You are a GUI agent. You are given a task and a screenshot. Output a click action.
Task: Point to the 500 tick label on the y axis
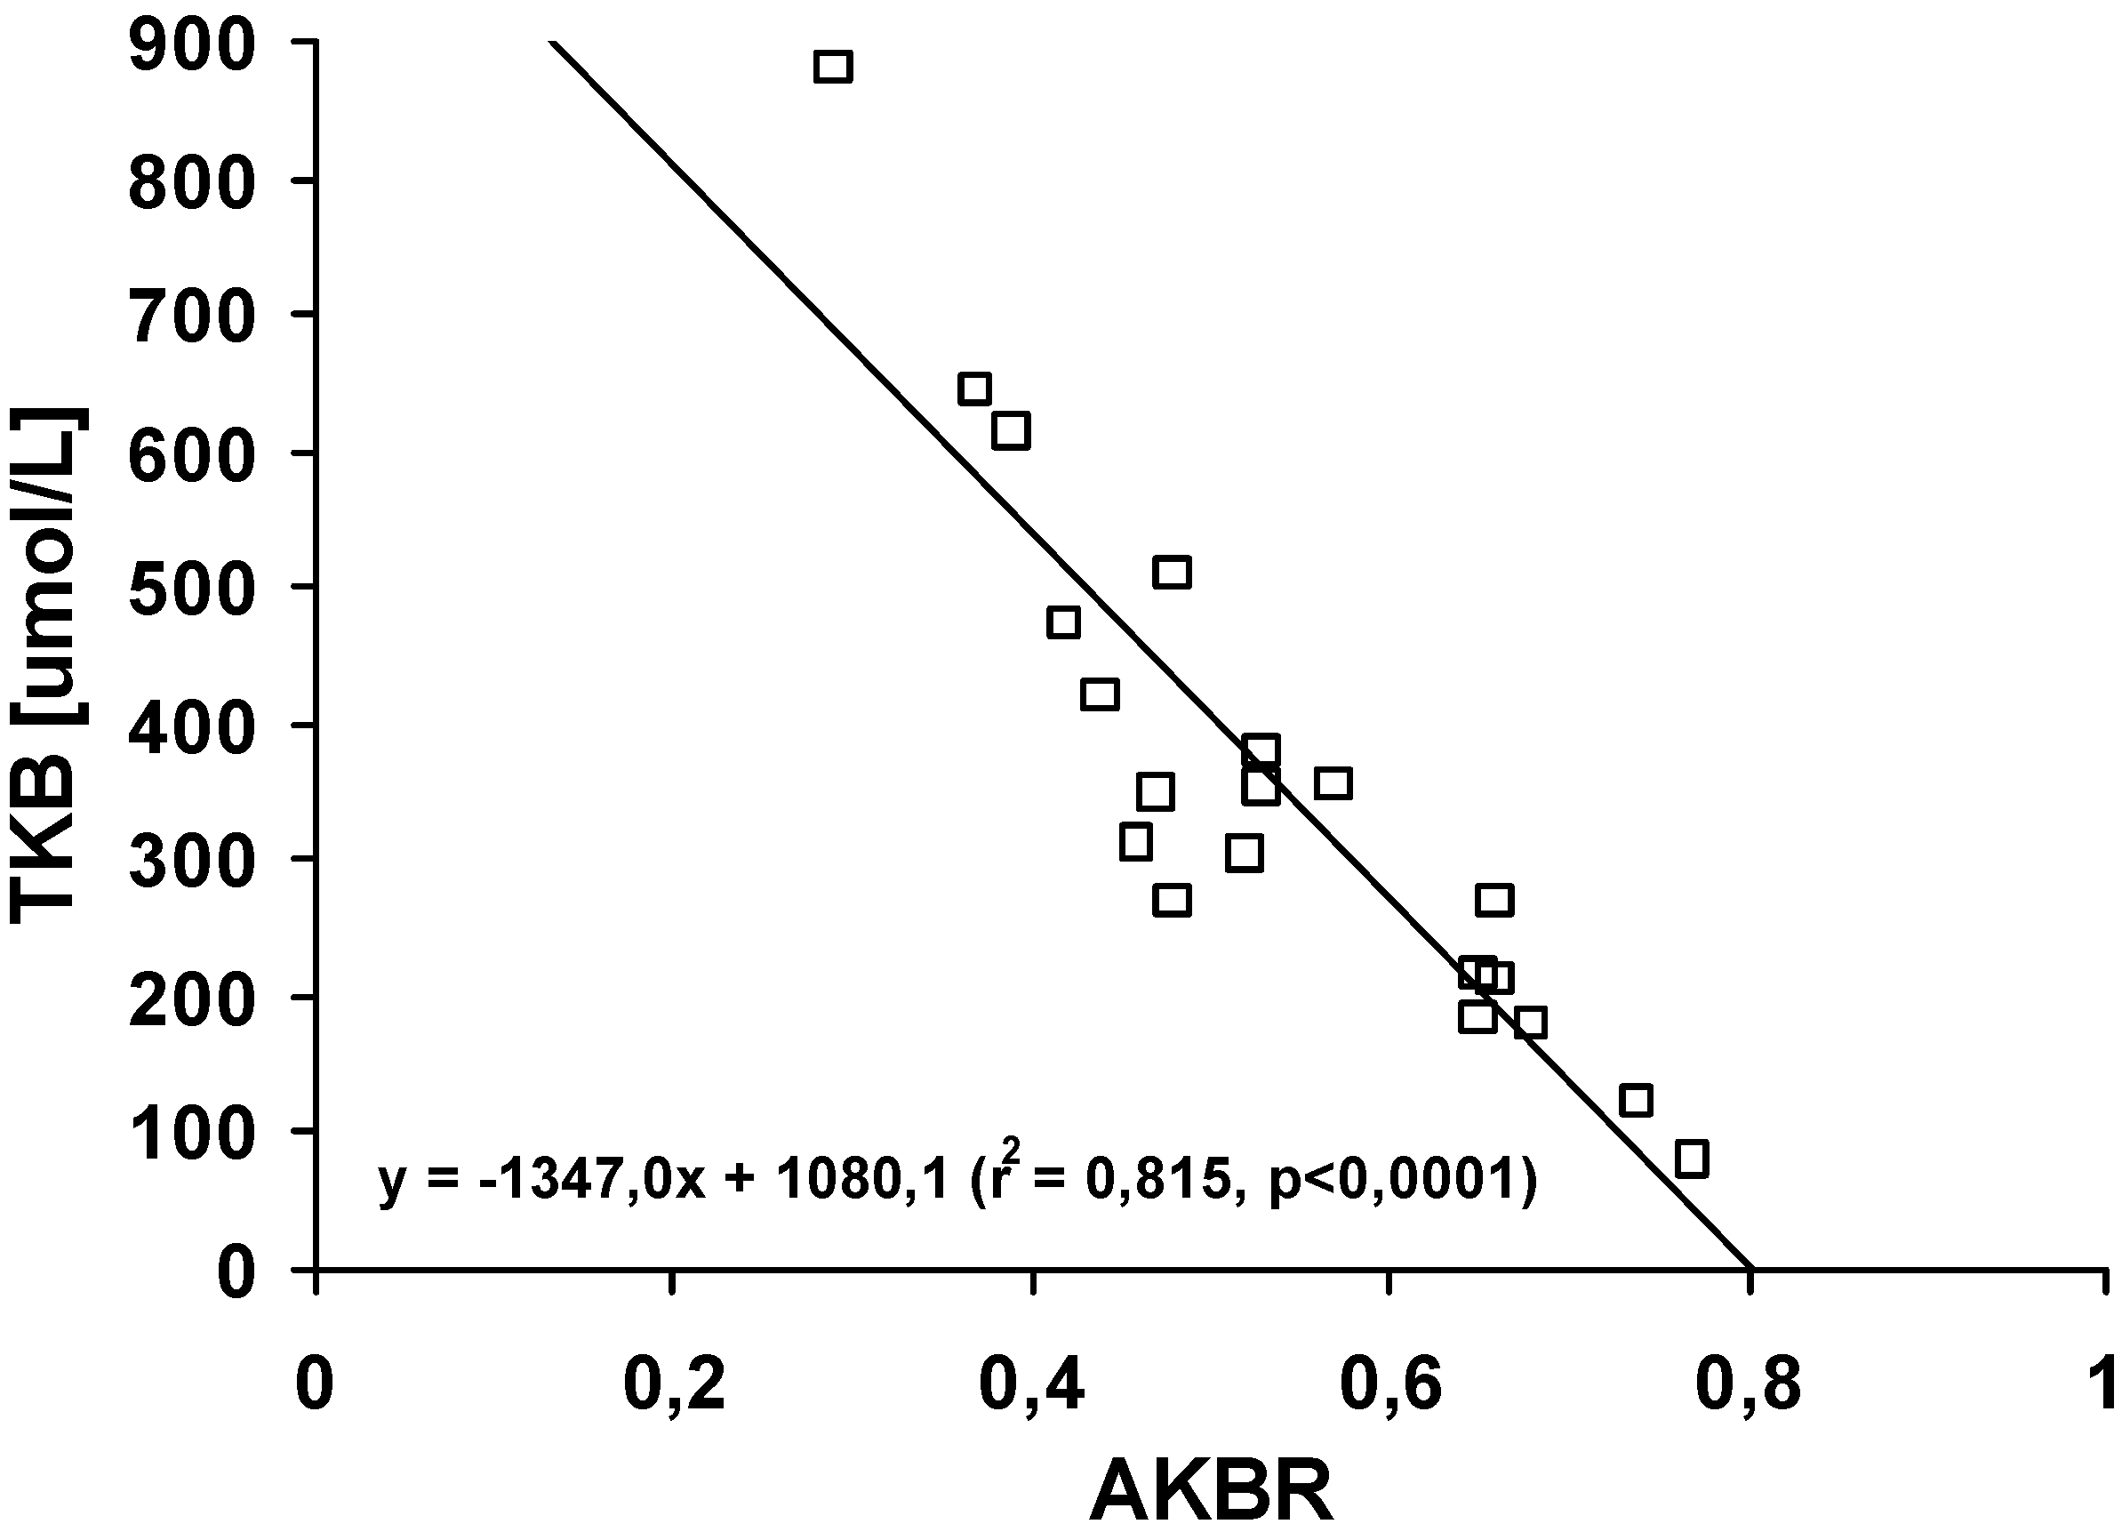192,590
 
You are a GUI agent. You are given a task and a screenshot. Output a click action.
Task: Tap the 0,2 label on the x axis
674,1386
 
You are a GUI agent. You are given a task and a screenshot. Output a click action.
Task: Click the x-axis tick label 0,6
1391,1386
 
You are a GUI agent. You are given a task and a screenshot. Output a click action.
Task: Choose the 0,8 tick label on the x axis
1748,1386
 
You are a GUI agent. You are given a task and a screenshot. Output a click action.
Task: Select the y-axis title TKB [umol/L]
49,666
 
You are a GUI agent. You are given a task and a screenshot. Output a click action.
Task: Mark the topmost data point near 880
833,68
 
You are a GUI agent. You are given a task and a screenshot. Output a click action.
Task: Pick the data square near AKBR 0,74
1636,1101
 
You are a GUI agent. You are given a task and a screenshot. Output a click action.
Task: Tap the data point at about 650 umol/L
975,389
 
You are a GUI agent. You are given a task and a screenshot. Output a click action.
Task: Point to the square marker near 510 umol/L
1173,573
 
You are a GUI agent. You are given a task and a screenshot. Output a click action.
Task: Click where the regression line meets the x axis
1751,1269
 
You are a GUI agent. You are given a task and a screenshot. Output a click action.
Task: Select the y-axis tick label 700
192,317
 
